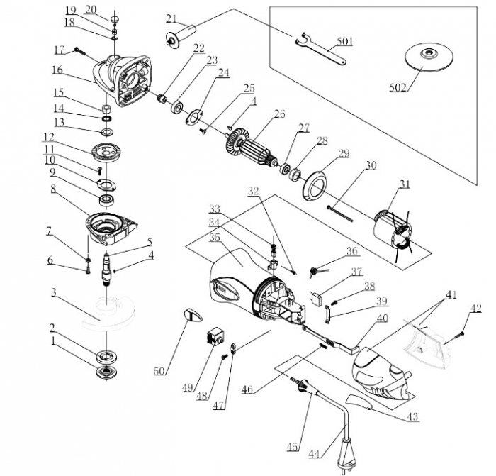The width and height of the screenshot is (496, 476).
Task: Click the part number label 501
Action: point(344,42)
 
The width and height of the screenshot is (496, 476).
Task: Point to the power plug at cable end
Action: point(349,455)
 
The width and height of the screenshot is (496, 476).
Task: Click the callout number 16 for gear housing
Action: point(57,70)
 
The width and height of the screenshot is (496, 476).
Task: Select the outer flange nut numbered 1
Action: point(108,371)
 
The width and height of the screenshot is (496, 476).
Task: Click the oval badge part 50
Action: point(191,313)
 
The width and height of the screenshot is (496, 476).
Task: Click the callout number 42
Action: point(476,308)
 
